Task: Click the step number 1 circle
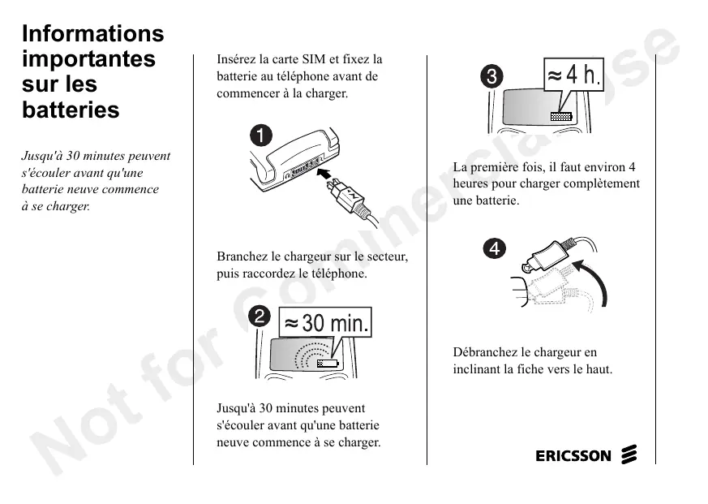click(x=261, y=136)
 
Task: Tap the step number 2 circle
click(x=260, y=316)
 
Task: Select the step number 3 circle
click(x=491, y=76)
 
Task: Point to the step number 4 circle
click(x=495, y=248)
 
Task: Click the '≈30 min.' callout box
click(x=325, y=323)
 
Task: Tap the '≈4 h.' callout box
click(x=573, y=75)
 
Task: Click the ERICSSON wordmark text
click(x=573, y=455)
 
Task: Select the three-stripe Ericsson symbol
click(x=629, y=454)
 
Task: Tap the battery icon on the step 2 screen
click(x=328, y=364)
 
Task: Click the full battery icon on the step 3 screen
click(x=561, y=117)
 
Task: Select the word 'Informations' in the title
click(x=93, y=33)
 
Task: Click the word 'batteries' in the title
click(x=71, y=110)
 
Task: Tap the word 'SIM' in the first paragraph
click(x=314, y=59)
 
